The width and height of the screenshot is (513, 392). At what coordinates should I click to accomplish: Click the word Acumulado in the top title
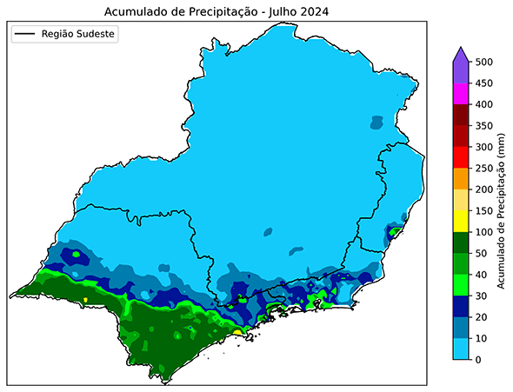point(136,12)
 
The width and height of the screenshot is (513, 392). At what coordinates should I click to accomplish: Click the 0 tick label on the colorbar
point(480,360)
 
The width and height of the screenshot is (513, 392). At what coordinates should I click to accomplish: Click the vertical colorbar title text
point(503,211)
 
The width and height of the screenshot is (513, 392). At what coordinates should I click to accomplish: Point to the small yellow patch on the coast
point(238,333)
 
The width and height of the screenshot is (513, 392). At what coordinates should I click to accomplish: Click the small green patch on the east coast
point(395,231)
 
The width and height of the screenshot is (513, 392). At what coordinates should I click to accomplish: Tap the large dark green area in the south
point(174,335)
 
